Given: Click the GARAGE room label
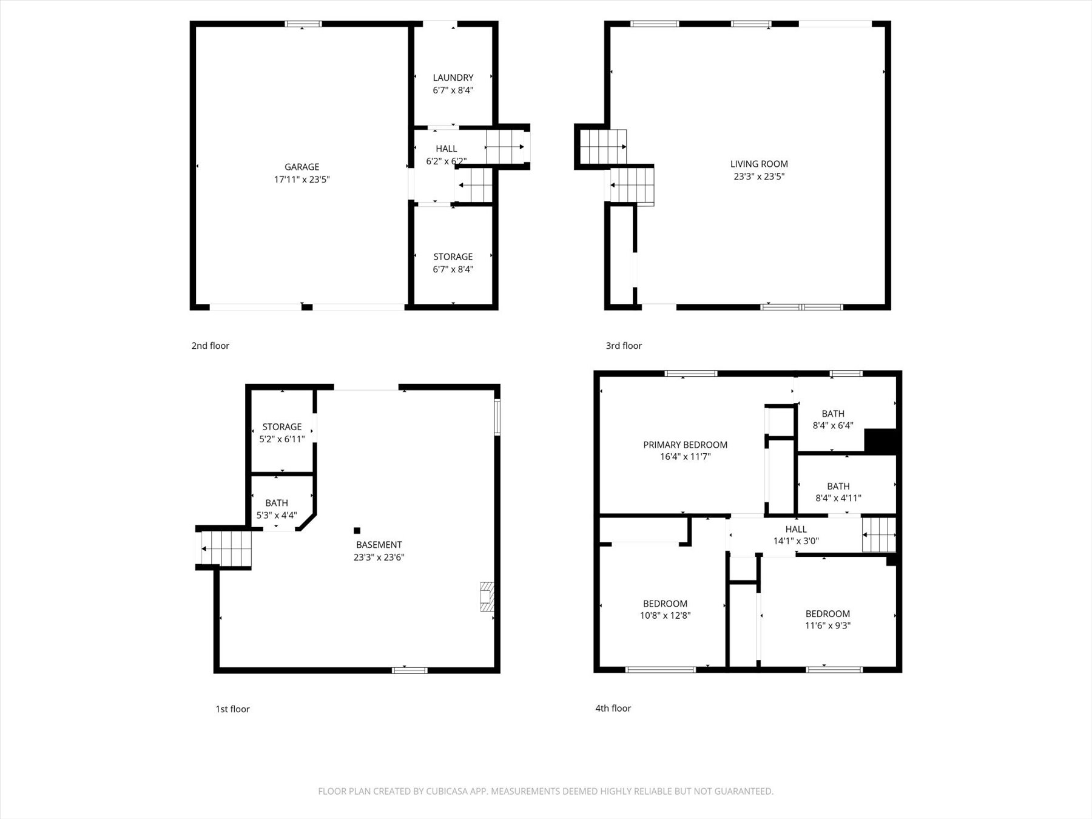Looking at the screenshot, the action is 302,167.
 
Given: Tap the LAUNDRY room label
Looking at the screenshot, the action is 453,78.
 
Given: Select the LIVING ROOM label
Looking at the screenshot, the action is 759,164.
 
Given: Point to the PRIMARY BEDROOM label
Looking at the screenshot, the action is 685,445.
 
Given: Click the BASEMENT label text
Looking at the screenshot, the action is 379,545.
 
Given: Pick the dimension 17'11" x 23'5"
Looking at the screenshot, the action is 302,180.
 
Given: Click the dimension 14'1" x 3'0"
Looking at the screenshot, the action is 796,541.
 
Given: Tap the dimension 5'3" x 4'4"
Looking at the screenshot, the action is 277,516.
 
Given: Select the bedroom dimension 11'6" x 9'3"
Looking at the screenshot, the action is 827,625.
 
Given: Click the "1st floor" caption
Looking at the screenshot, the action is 232,709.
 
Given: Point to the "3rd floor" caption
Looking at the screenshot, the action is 624,346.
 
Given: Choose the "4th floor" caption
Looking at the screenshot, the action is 613,708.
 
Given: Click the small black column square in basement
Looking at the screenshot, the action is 357,530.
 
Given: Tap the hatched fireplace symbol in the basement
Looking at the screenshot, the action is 487,596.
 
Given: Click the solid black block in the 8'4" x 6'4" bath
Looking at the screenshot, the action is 880,440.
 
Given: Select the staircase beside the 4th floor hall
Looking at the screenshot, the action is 879,534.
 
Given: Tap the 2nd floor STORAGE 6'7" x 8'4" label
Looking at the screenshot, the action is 453,263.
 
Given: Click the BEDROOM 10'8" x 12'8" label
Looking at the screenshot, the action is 665,609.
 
